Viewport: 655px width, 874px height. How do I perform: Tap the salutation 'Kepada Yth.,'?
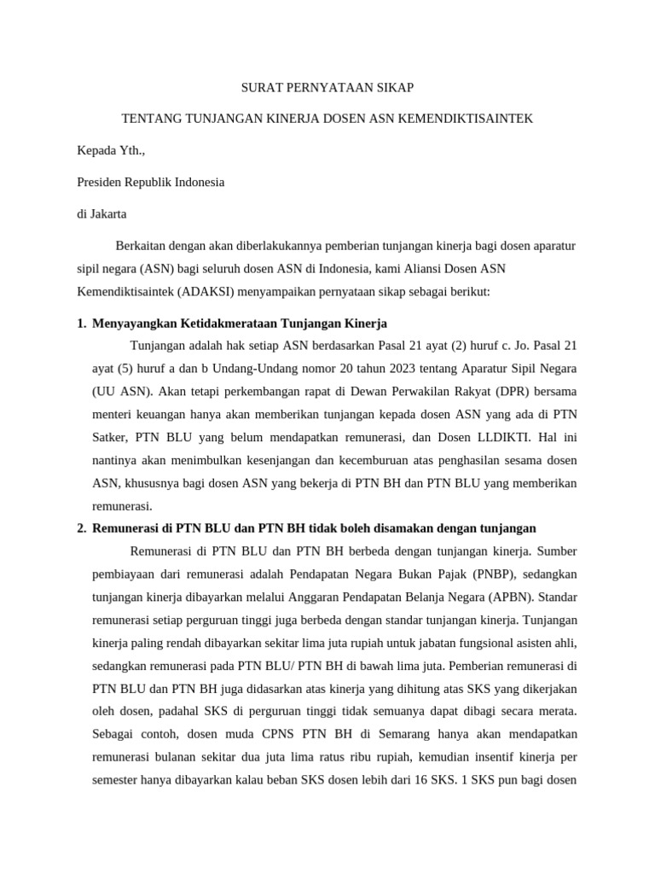click(x=112, y=150)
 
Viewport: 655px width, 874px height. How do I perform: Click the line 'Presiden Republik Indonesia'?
click(x=151, y=182)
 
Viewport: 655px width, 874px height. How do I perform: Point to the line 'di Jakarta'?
click(x=101, y=213)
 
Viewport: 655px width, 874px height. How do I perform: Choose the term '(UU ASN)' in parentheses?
click(x=119, y=392)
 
